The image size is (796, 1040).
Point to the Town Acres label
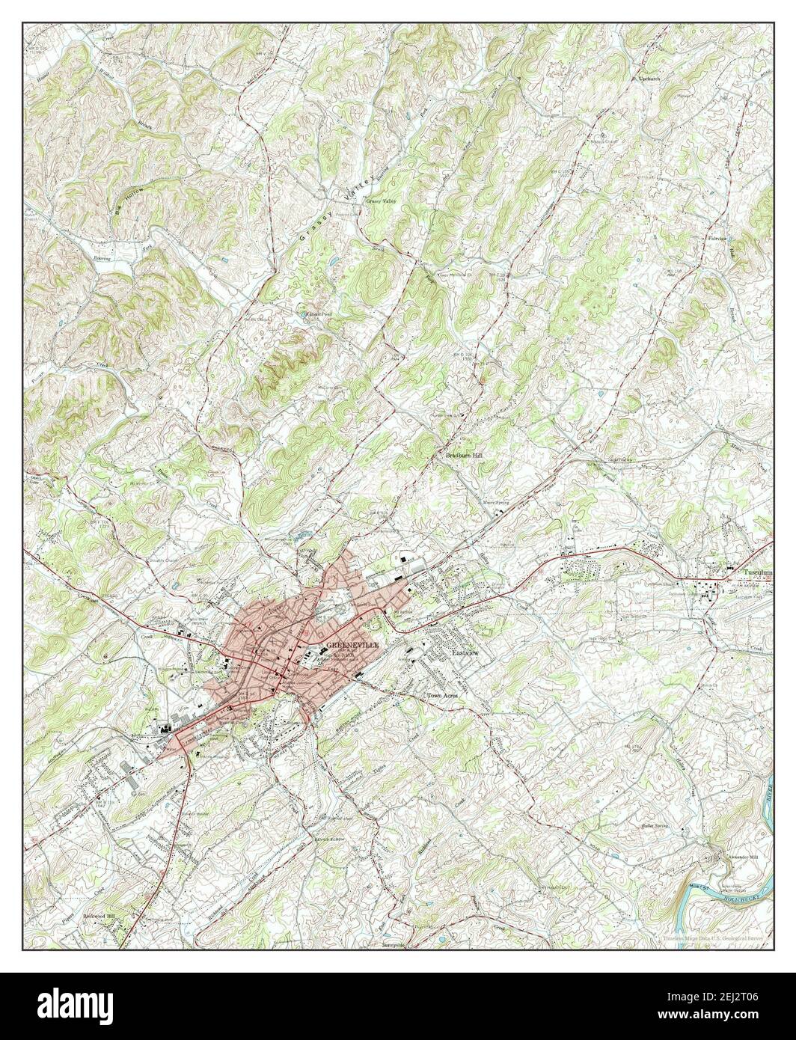click(x=441, y=694)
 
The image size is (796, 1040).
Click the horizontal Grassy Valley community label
click(x=381, y=201)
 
